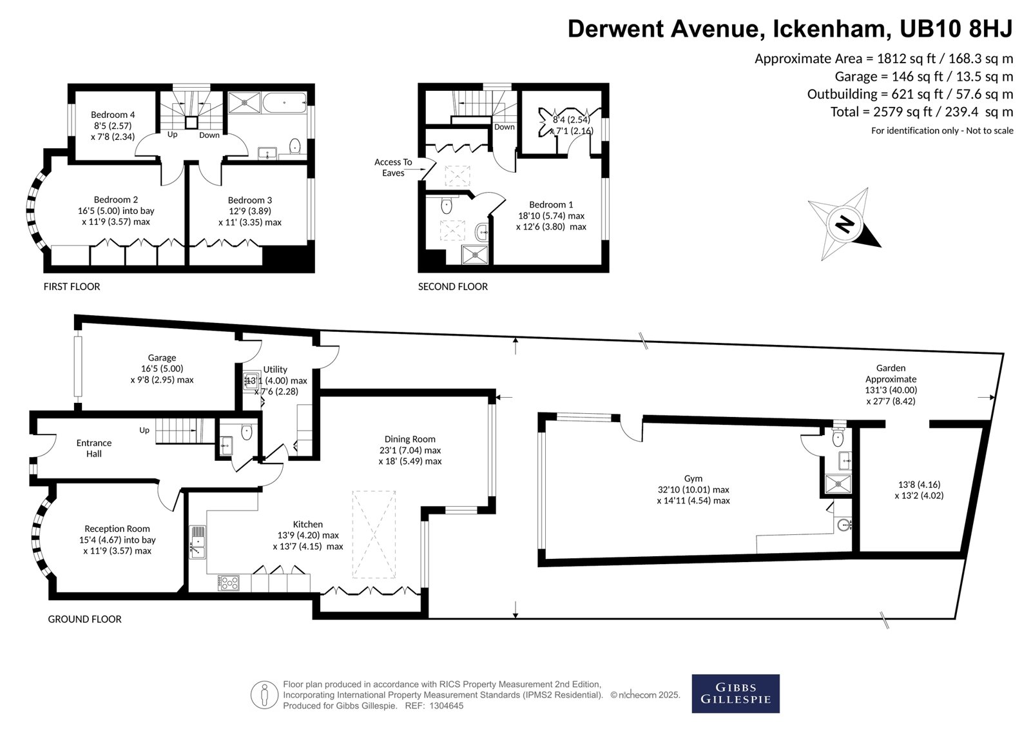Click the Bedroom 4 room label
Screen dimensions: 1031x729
(x=113, y=115)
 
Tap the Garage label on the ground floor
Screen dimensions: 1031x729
(x=162, y=357)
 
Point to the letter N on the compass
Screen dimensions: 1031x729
(x=845, y=225)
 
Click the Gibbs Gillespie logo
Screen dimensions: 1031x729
(x=735, y=694)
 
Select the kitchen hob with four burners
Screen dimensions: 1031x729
(x=228, y=583)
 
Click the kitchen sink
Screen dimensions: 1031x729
(x=197, y=542)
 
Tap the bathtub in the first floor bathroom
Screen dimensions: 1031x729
(x=284, y=102)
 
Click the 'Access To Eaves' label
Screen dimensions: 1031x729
(x=393, y=168)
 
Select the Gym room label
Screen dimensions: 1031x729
(x=693, y=478)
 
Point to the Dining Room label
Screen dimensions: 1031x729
(x=410, y=440)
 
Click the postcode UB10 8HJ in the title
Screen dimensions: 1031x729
(x=956, y=28)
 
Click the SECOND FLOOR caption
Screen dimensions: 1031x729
(x=453, y=286)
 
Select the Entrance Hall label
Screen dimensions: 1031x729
(x=94, y=448)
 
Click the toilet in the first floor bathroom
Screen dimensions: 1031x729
(x=295, y=146)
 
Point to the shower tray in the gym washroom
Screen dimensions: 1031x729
(x=838, y=484)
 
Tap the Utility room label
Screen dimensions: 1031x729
(x=275, y=369)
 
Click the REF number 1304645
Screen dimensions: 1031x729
(x=447, y=706)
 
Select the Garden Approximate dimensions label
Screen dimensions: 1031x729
(x=891, y=385)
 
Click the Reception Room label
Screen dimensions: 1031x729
(x=117, y=529)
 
